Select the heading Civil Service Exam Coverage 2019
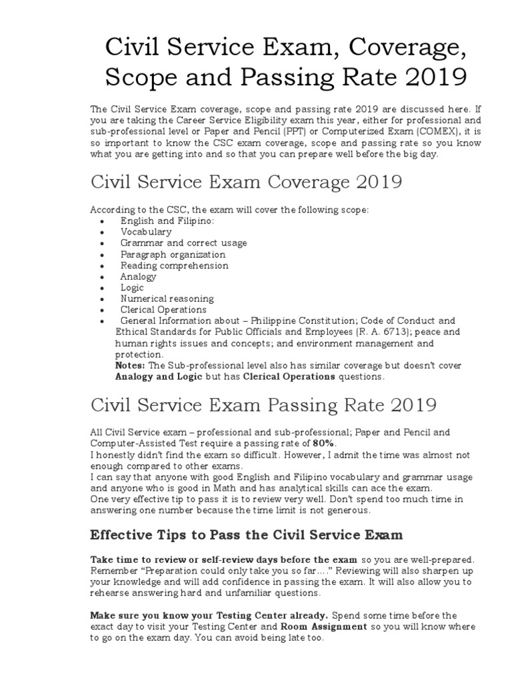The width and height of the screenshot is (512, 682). [246, 182]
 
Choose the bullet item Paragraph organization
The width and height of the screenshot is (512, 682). [173, 254]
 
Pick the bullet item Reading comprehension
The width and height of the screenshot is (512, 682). [174, 265]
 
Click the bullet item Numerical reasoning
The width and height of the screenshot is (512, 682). [167, 298]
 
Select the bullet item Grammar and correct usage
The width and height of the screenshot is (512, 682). [183, 243]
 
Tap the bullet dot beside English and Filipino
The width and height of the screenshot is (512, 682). [101, 221]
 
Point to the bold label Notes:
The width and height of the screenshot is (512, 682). [131, 366]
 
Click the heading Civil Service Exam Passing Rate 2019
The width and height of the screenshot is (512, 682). [263, 404]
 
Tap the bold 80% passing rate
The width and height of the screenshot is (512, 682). [325, 443]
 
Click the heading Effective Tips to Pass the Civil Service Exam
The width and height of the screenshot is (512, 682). [246, 535]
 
